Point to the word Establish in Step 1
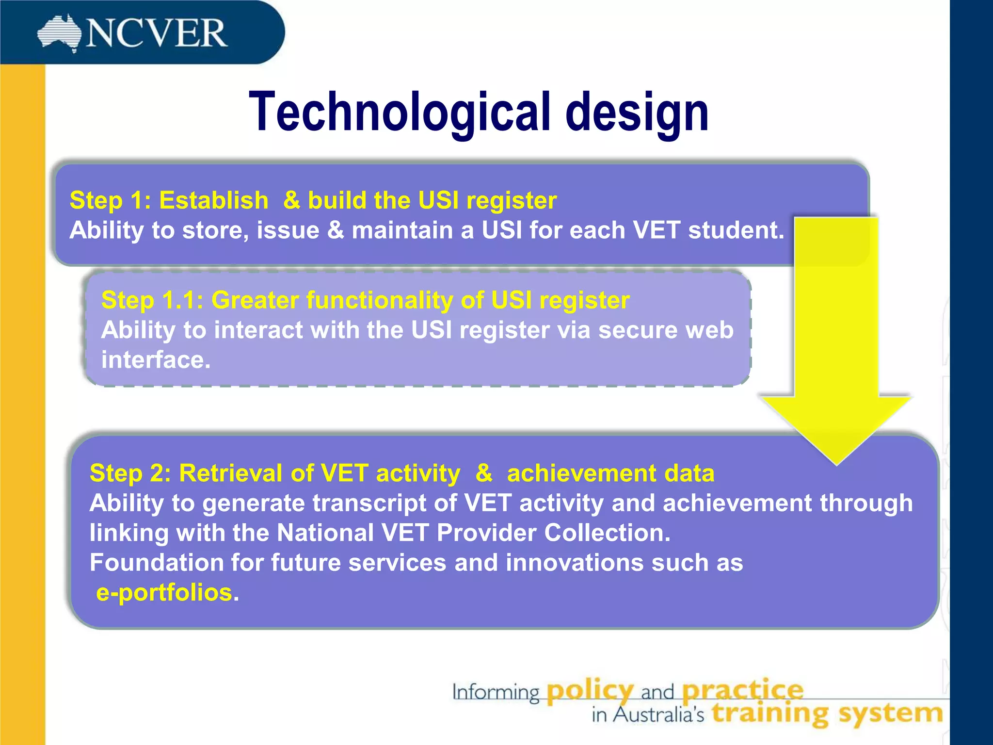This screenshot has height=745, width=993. (x=214, y=200)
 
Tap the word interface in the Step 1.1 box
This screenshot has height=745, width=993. (x=155, y=360)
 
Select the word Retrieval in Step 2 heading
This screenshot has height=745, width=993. (x=230, y=473)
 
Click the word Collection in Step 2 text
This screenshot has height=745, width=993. (x=607, y=533)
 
